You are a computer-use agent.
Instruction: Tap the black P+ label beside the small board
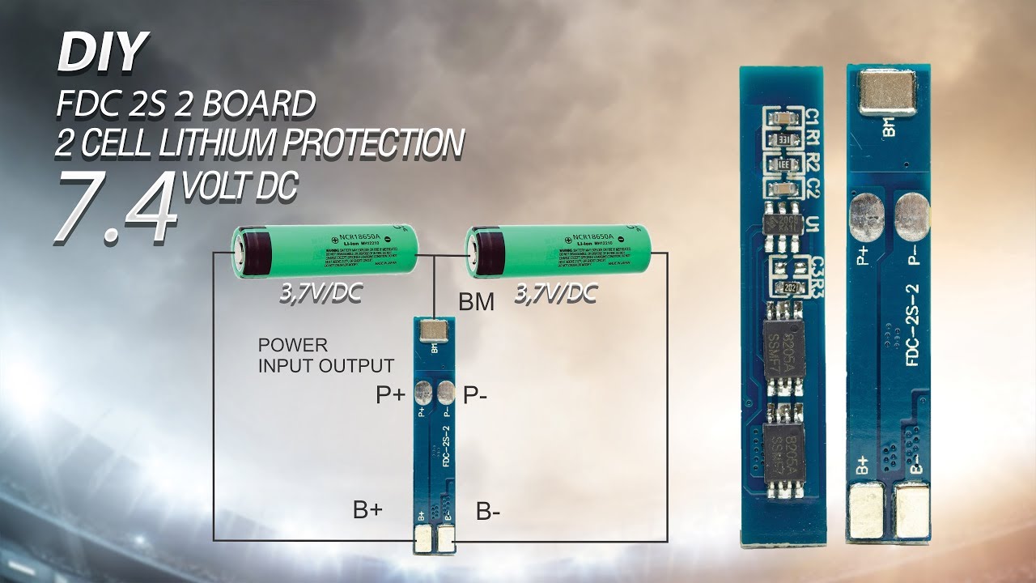click(391, 395)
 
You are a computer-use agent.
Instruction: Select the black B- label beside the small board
click(487, 512)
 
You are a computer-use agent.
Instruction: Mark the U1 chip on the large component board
click(783, 223)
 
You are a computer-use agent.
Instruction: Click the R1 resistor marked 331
click(783, 140)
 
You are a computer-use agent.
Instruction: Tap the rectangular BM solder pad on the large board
click(889, 91)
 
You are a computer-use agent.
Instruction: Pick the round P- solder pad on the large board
click(911, 215)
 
